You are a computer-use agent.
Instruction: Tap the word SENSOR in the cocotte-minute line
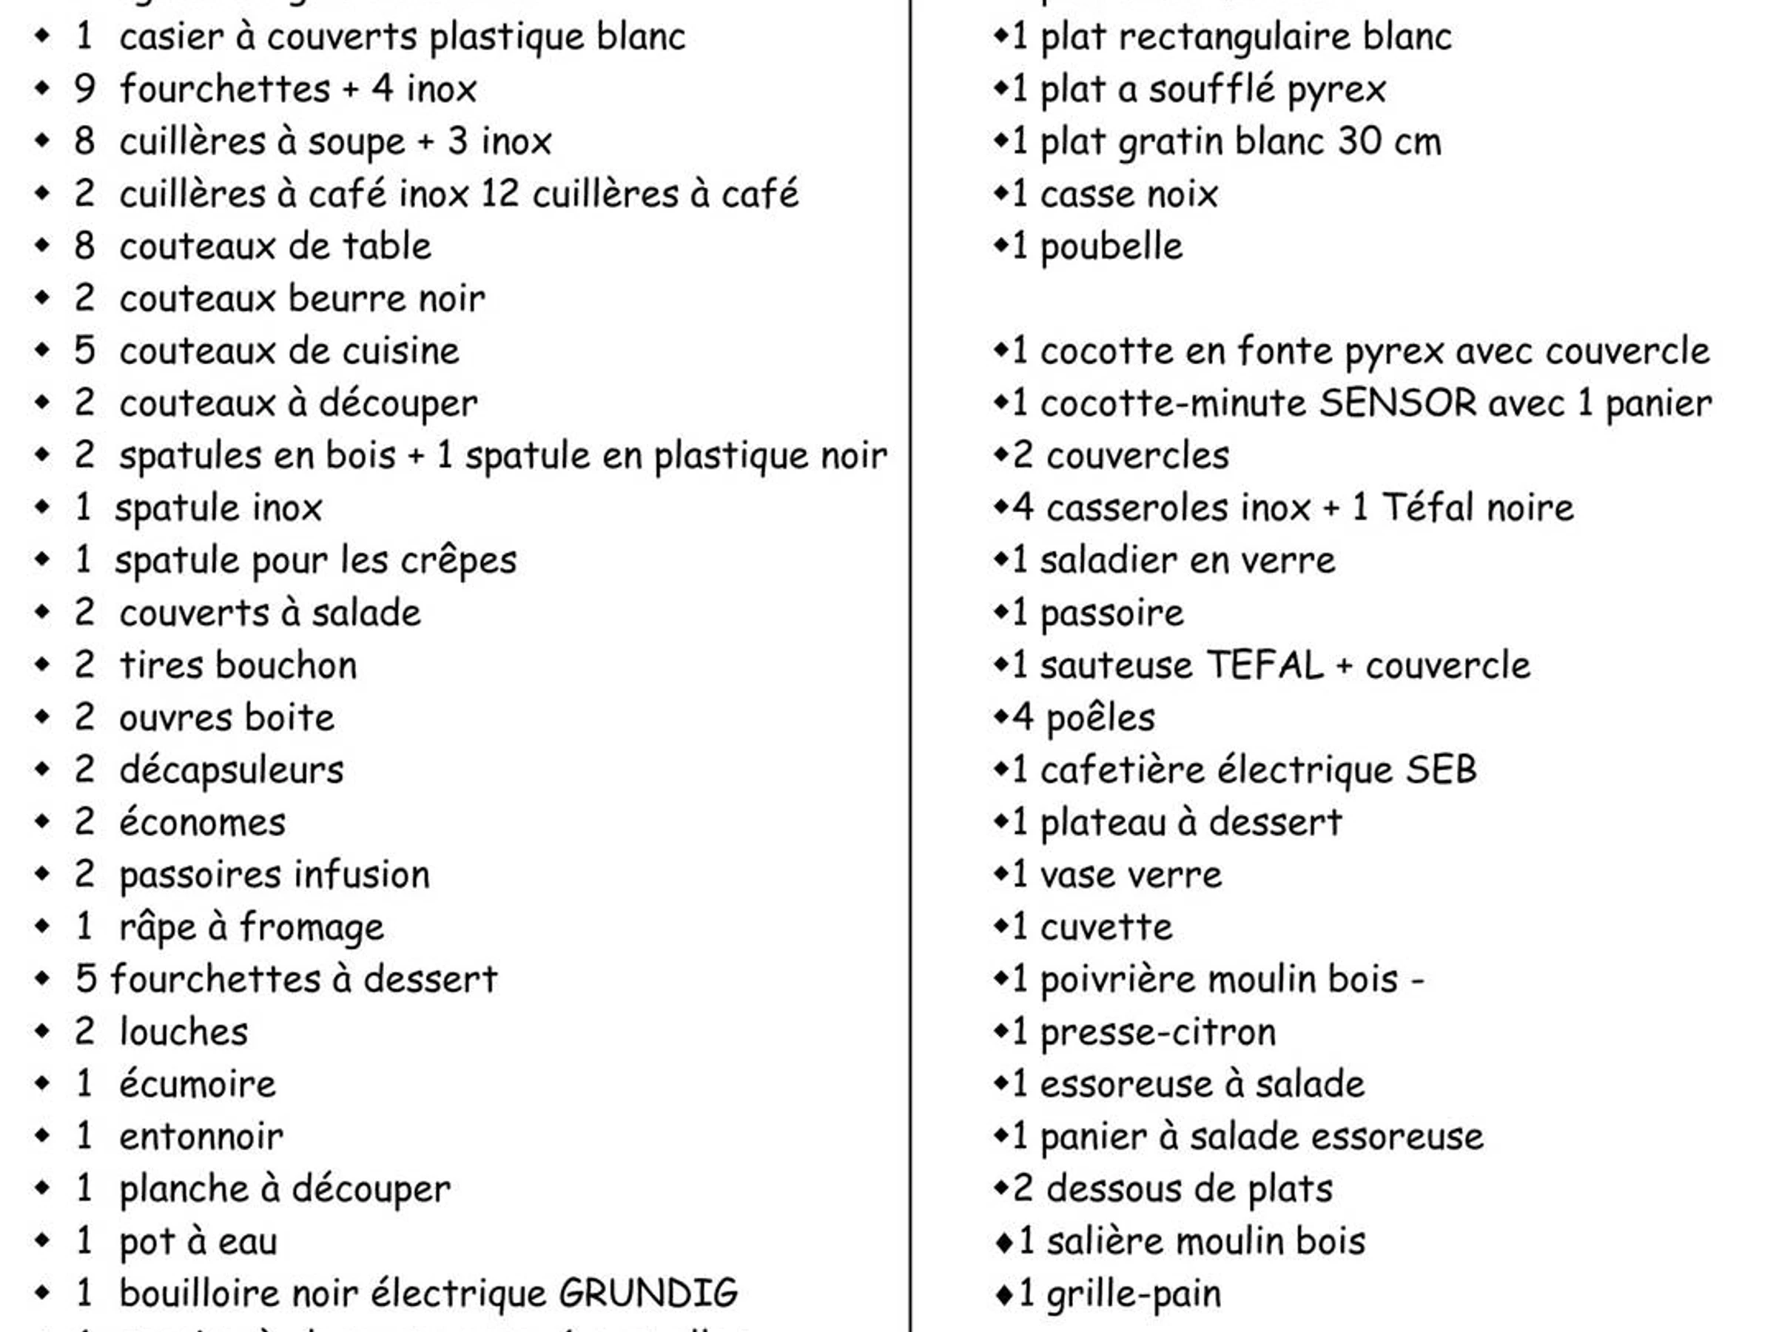point(1398,403)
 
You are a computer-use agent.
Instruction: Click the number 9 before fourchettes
point(84,89)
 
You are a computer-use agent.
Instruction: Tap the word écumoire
point(198,1085)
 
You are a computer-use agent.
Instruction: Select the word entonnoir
point(201,1137)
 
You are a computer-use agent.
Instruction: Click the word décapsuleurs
point(231,771)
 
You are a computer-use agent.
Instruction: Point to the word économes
point(202,823)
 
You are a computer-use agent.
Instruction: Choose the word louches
point(184,1032)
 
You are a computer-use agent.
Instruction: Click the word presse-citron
point(1158,1032)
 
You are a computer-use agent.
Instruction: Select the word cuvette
point(1106,927)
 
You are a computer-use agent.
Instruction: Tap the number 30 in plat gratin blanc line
point(1359,141)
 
